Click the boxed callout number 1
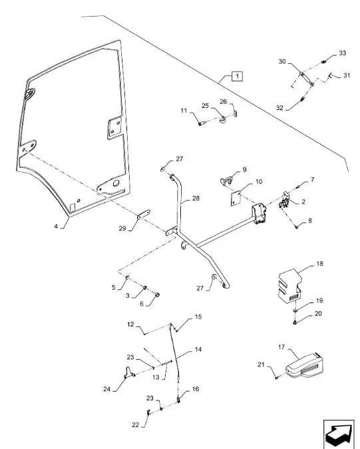[237, 77]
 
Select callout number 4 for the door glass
[56, 226]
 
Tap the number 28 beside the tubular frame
[196, 198]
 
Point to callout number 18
[319, 263]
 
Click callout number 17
[281, 347]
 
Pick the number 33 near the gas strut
[342, 53]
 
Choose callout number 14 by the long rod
[198, 349]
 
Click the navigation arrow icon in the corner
[339, 434]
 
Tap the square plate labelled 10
[236, 198]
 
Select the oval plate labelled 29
[143, 215]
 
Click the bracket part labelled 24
[129, 372]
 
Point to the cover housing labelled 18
[289, 284]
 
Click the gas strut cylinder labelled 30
[307, 79]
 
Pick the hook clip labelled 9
[226, 181]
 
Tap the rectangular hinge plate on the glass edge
[115, 128]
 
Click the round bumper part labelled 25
[223, 119]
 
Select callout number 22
[135, 425]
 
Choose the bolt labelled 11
[202, 123]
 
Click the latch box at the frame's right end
[259, 214]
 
